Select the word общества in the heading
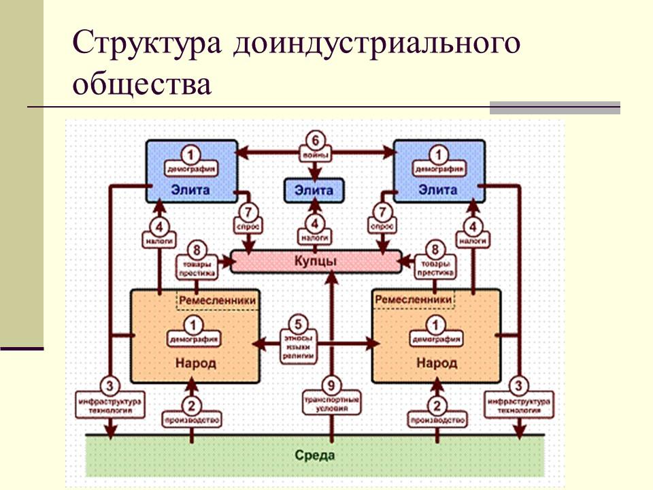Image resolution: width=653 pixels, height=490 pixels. coord(143,84)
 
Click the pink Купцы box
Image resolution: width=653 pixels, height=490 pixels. coord(316,261)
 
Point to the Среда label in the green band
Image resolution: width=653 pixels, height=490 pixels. coord(315,454)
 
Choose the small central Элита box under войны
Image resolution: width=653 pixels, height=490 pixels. coord(314,191)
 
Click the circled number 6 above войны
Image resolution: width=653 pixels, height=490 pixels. coord(314,140)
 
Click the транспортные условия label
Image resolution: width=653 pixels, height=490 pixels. coord(331,404)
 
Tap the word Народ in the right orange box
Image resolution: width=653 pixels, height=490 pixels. coord(437,363)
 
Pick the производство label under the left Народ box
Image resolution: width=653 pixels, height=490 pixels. coord(192,421)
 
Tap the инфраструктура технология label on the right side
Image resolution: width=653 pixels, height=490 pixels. coord(519,406)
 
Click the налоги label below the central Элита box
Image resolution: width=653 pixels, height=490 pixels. coord(314,239)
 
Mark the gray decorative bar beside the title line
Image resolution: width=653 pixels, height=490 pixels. coord(555,107)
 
